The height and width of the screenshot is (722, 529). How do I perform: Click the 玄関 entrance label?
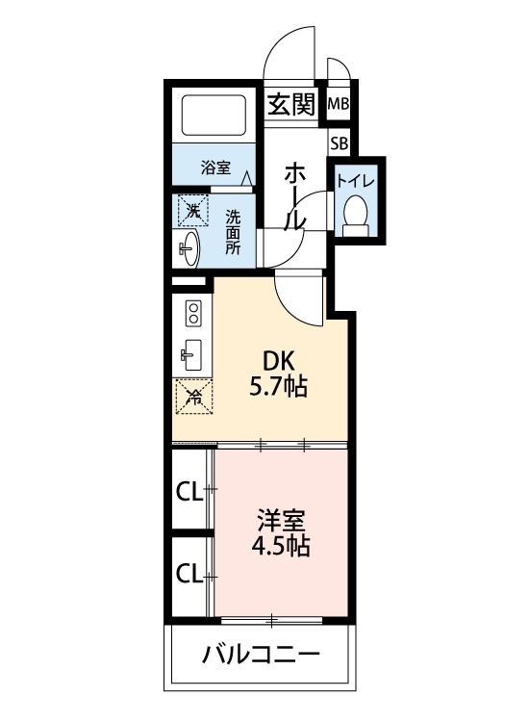coord(291,104)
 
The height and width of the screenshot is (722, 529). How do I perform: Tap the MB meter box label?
coord(339,105)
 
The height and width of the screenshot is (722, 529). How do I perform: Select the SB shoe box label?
coord(339,143)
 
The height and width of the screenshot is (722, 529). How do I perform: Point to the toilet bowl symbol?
coord(356,215)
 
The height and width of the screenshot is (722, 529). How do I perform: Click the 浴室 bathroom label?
coord(215,167)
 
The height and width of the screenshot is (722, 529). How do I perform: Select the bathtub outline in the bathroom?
coord(215,117)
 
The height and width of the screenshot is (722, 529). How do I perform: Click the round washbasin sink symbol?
coord(189,246)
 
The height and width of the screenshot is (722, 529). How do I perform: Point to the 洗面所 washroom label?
coord(233,231)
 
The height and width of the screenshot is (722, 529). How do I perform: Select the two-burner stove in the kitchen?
coord(193,314)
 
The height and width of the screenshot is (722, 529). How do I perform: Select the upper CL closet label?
coord(189,492)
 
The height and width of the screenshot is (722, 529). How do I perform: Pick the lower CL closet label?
coord(189,575)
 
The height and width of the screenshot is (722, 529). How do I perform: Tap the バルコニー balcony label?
coord(261,658)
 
